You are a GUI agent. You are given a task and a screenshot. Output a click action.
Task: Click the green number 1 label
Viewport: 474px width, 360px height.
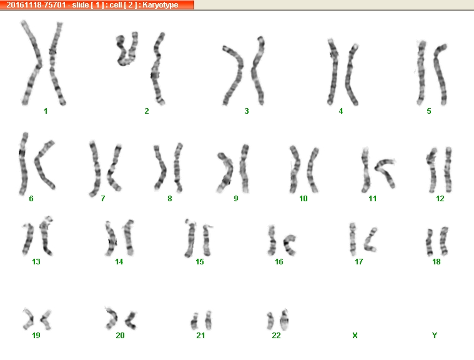pyautogui.click(x=46, y=111)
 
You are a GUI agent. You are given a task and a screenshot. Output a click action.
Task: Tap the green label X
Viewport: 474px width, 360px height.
pyautogui.click(x=355, y=335)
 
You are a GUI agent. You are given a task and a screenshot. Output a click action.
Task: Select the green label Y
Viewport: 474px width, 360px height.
pyautogui.click(x=435, y=335)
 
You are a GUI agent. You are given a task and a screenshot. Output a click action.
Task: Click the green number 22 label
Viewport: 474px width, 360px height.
pyautogui.click(x=276, y=335)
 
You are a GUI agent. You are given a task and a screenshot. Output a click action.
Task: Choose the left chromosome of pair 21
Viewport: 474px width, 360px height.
pyautogui.click(x=194, y=321)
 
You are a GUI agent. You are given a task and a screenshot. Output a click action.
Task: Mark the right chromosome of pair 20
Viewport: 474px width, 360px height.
pyautogui.click(x=132, y=320)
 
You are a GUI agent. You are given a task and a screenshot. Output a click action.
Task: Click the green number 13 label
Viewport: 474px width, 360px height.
pyautogui.click(x=36, y=261)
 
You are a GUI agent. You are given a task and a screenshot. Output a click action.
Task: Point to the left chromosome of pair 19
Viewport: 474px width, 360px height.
pyautogui.click(x=29, y=319)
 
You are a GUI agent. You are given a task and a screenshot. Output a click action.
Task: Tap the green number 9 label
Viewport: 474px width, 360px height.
pyautogui.click(x=236, y=199)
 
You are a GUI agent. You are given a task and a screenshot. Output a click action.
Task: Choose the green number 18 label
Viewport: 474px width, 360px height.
pyautogui.click(x=436, y=261)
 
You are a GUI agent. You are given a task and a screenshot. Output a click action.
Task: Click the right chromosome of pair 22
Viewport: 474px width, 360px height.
pyautogui.click(x=284, y=320)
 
